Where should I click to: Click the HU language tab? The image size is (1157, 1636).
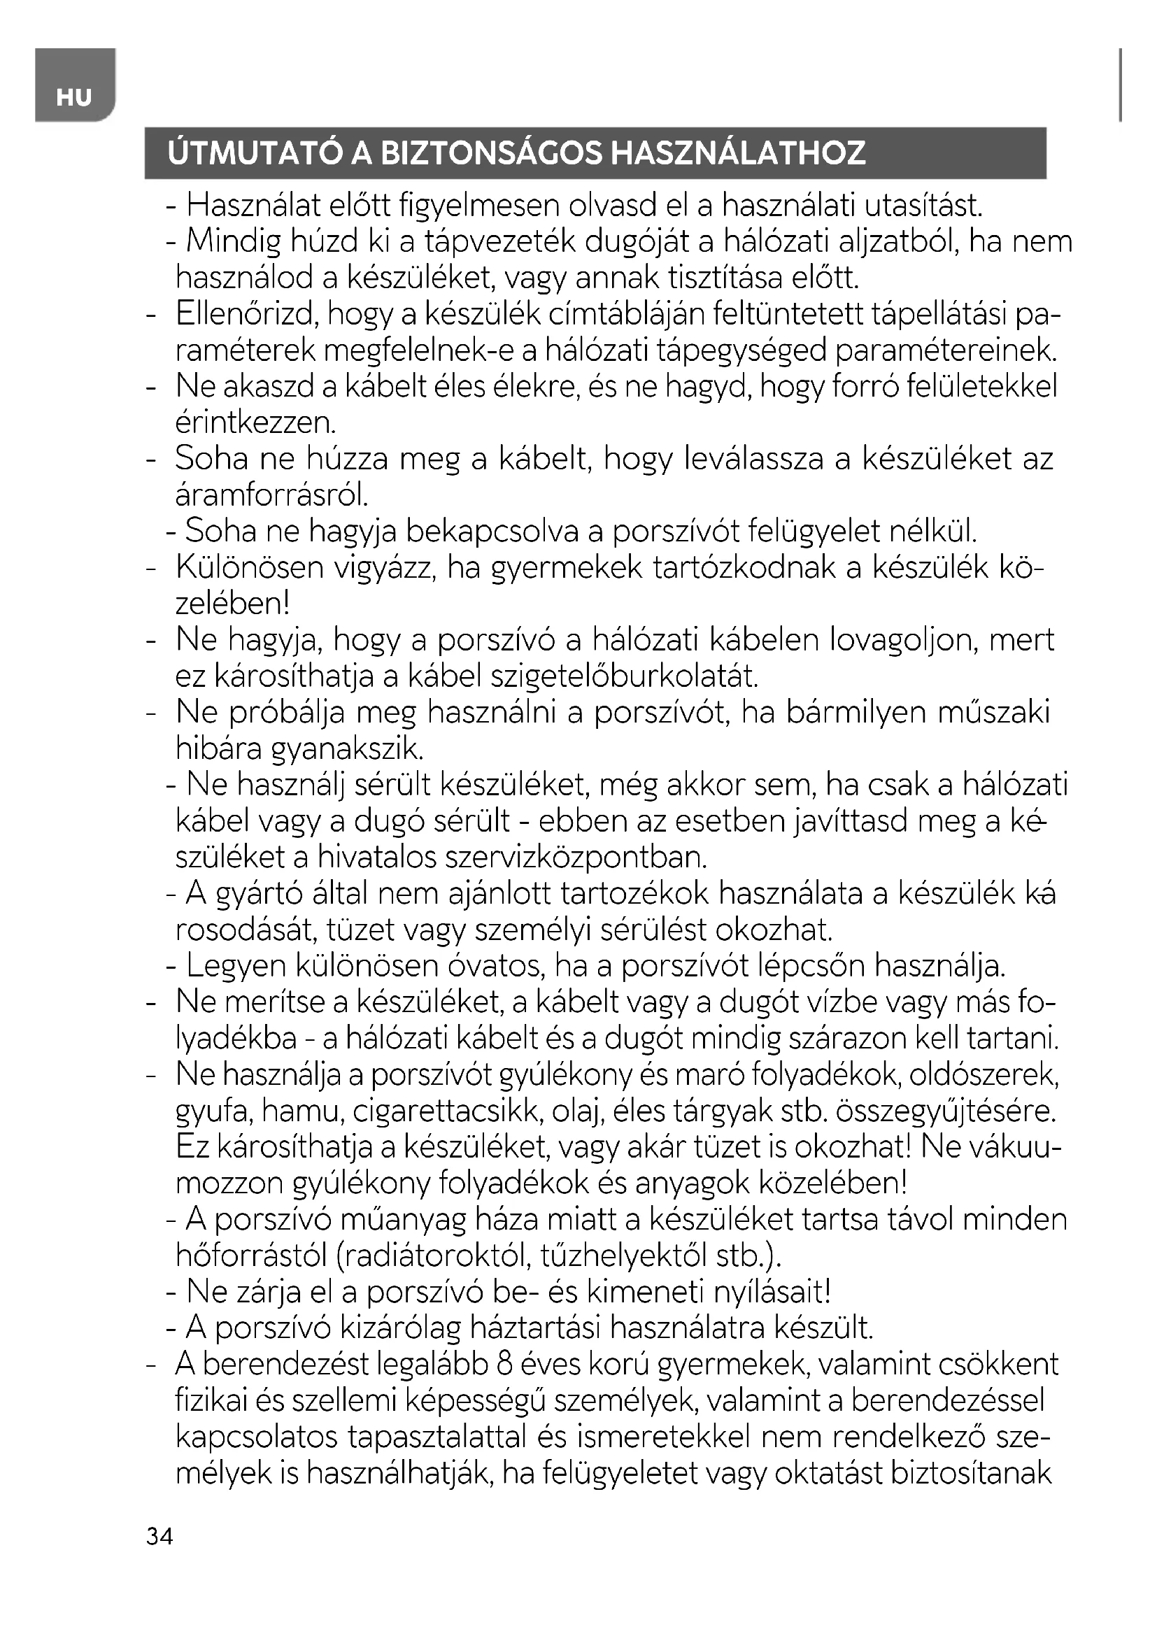[74, 97]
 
